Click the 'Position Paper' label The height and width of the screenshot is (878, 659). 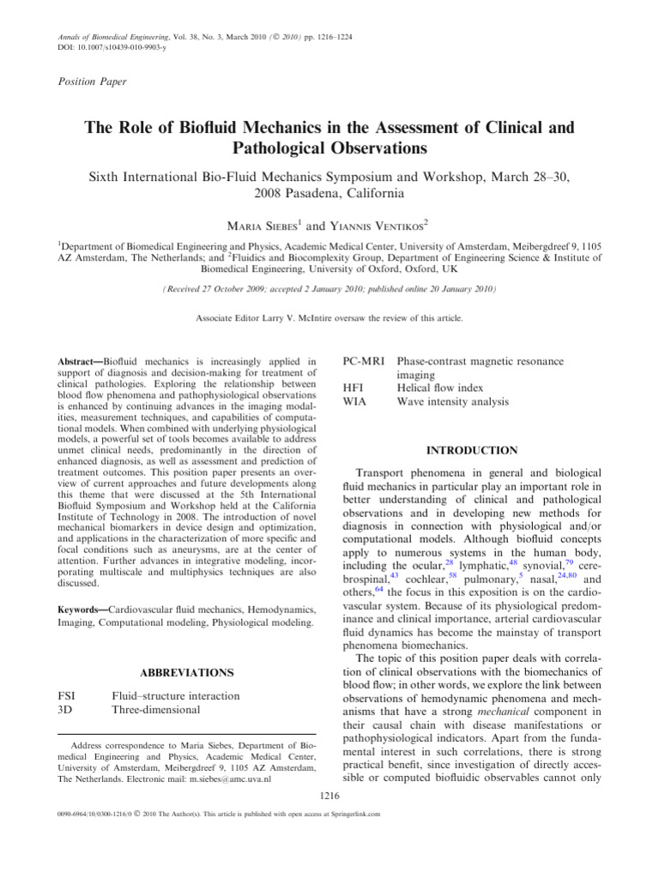click(x=92, y=81)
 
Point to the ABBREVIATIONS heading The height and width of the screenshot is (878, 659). click(x=185, y=672)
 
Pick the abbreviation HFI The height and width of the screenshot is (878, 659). click(x=353, y=387)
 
